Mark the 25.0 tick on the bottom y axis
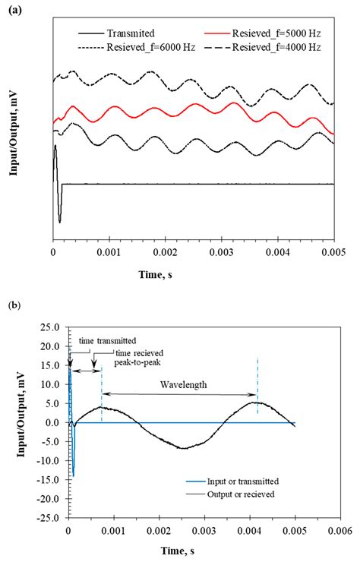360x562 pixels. pyautogui.click(x=50, y=327)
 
